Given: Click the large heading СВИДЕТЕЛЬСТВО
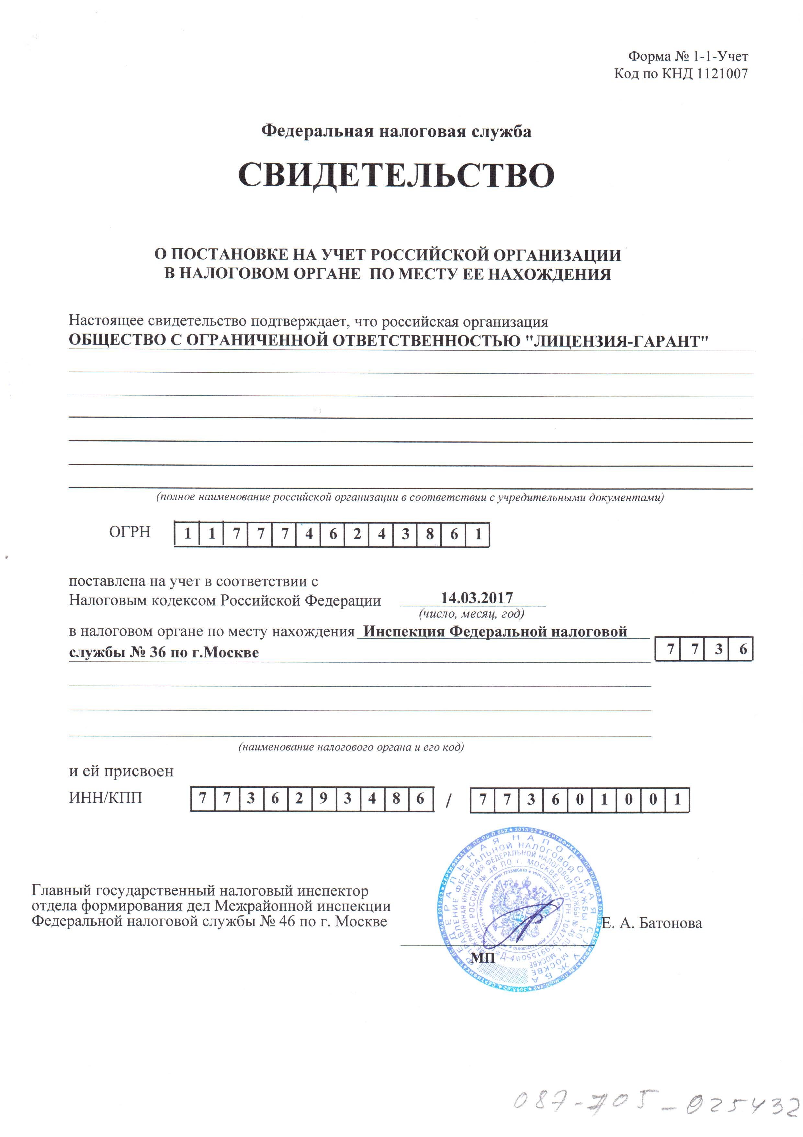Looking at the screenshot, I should pos(396,175).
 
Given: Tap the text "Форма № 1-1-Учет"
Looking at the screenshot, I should pos(688,56).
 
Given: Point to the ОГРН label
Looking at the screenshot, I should pos(130,532).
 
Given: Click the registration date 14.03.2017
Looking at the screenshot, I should pos(476,598).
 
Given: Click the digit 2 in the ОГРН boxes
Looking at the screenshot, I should pos(357,534).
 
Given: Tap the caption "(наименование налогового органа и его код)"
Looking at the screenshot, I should pos(351,747).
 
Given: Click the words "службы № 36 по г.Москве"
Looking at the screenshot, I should pos(164,653).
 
